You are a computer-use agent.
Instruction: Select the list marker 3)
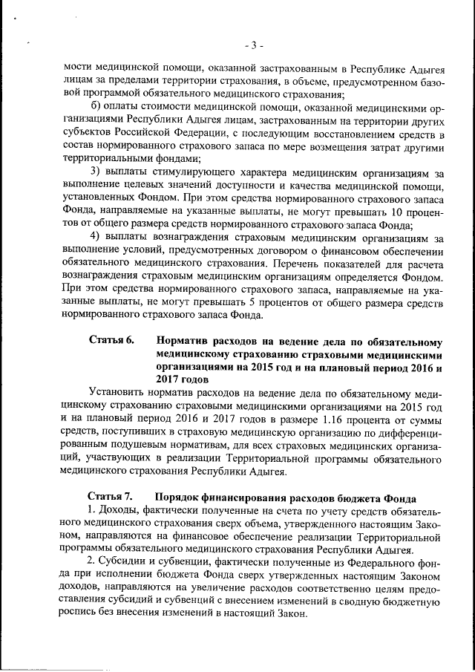point(95,172)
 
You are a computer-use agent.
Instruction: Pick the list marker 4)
point(95,238)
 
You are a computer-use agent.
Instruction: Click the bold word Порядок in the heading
point(182,497)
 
